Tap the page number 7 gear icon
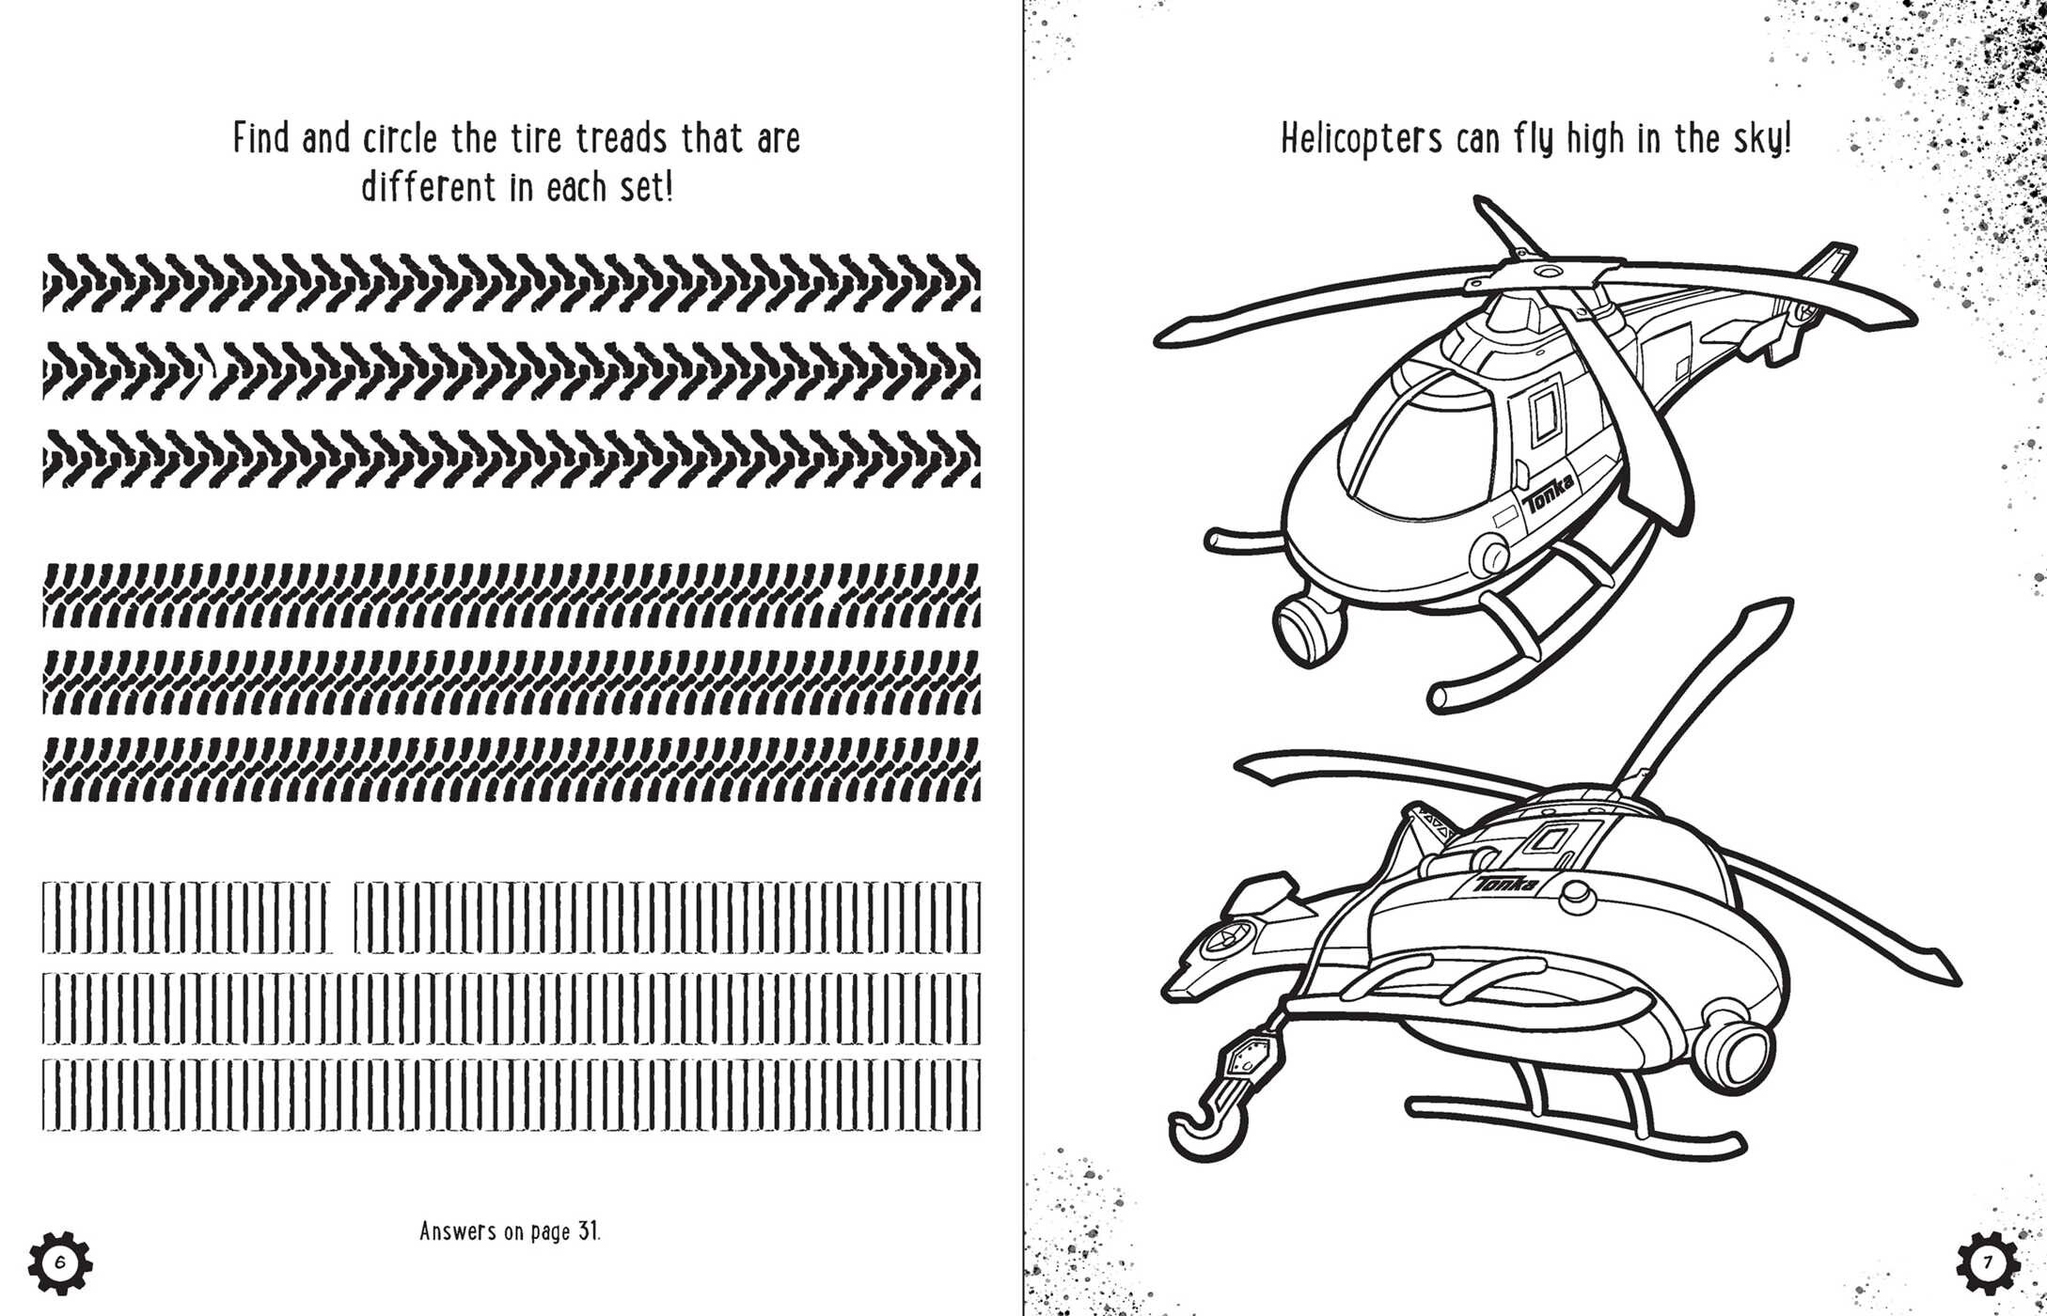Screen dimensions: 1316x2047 pos(1988,1262)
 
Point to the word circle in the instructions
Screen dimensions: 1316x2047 pos(400,139)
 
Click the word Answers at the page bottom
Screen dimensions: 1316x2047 pos(457,1230)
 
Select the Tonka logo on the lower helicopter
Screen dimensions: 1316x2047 pos(1505,885)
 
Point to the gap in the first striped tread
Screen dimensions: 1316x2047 pos(343,917)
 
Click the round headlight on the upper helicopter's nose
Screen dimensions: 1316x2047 pos(1489,555)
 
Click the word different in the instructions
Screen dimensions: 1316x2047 pos(428,188)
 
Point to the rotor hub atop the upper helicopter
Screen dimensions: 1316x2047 pos(1542,273)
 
